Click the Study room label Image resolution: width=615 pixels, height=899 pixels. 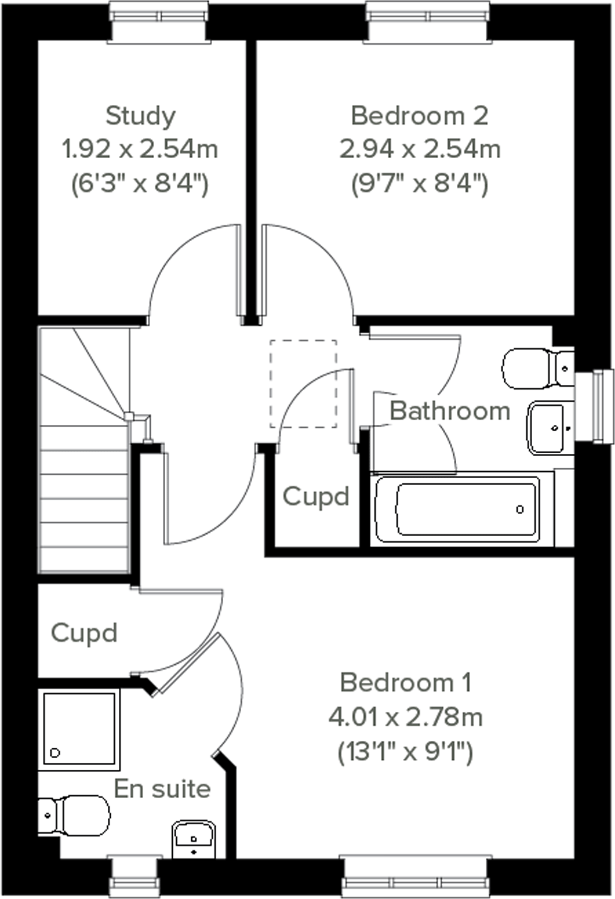140,116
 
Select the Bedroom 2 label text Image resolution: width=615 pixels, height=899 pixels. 419,116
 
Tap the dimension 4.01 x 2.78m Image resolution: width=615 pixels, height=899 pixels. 405,717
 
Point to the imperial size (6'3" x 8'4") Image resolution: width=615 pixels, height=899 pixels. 140,184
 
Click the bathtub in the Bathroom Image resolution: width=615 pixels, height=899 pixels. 457,509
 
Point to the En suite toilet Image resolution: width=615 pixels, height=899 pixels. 75,815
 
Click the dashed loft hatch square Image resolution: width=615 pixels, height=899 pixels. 303,383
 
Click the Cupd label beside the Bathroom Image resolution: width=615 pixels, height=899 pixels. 315,497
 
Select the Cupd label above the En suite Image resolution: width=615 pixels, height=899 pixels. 84,633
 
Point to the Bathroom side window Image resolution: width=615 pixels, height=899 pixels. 595,405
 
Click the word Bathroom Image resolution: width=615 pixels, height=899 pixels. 450,411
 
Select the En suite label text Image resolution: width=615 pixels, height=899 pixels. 162,789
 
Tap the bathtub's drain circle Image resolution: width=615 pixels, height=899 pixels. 520,509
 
